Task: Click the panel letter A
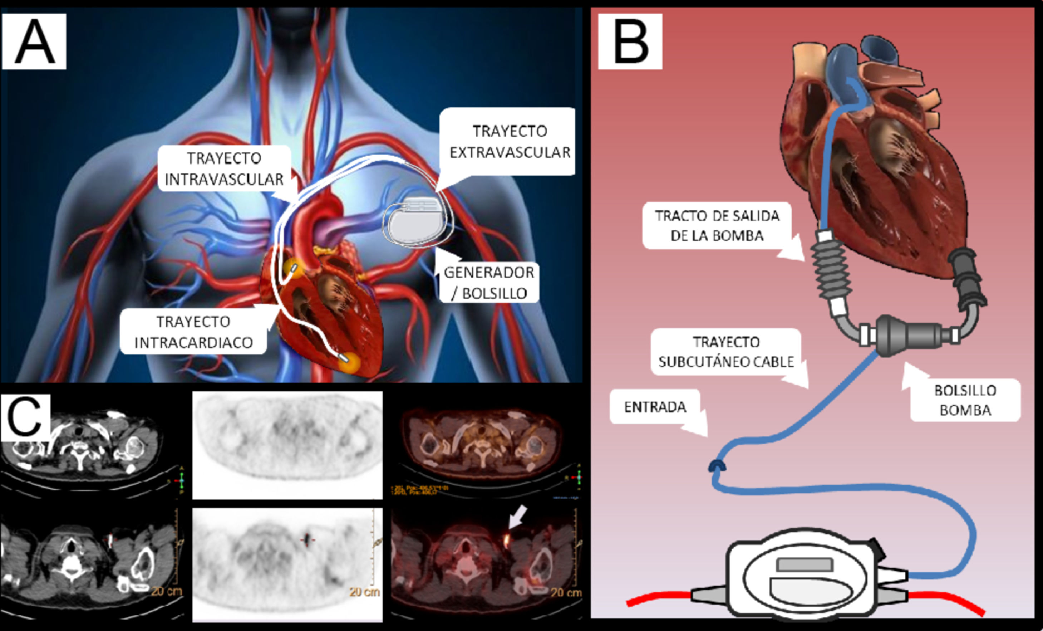click(x=34, y=42)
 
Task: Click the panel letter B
click(x=630, y=42)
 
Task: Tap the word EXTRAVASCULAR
click(x=510, y=152)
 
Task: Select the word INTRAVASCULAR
click(x=224, y=180)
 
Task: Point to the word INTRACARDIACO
click(x=193, y=343)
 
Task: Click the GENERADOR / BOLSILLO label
click(x=489, y=283)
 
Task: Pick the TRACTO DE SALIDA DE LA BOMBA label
click(x=717, y=226)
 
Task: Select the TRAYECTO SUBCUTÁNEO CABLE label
click(x=726, y=352)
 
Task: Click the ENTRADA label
click(x=655, y=407)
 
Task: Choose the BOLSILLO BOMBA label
click(x=965, y=400)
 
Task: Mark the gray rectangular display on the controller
click(x=805, y=564)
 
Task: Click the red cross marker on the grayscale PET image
click(x=308, y=540)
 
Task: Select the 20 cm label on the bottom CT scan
click(x=166, y=591)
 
